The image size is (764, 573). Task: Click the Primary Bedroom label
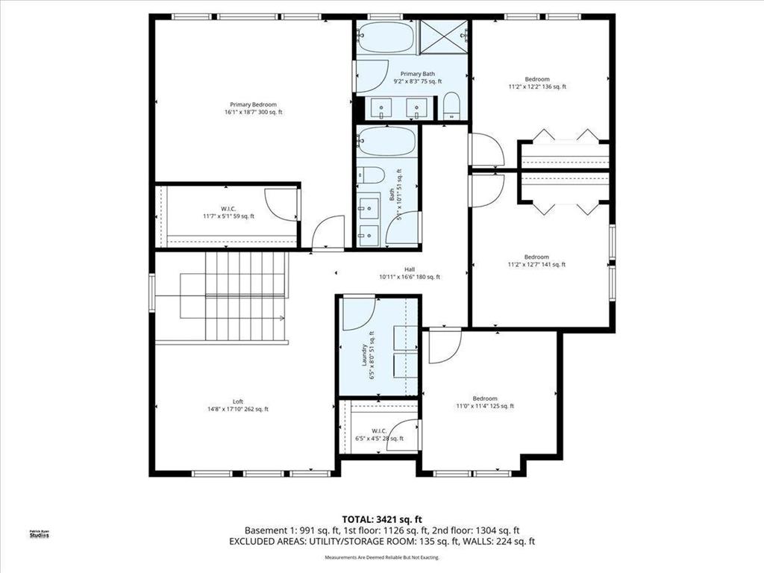point(254,108)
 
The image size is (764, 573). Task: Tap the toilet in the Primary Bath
point(452,107)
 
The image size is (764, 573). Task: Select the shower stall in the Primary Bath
point(444,37)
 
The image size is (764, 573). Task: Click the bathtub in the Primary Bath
point(385,37)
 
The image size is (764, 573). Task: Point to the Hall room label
point(409,273)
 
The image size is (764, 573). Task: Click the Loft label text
point(237,405)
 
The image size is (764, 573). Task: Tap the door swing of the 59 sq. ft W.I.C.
point(281,204)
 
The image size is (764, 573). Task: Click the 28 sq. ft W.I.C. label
point(379,439)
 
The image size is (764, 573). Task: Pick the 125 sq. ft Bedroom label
point(484,402)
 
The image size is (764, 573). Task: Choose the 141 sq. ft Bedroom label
point(536,260)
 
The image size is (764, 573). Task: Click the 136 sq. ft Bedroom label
point(537,83)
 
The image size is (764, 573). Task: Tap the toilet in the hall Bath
point(372,176)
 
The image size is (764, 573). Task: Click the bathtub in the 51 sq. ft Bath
point(386,141)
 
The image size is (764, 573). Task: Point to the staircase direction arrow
point(282,318)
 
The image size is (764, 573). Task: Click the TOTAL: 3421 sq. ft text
point(381,519)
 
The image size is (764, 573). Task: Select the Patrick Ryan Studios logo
point(38,533)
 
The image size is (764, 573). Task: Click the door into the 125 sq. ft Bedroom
point(443,346)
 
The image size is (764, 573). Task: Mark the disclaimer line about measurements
point(381,557)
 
